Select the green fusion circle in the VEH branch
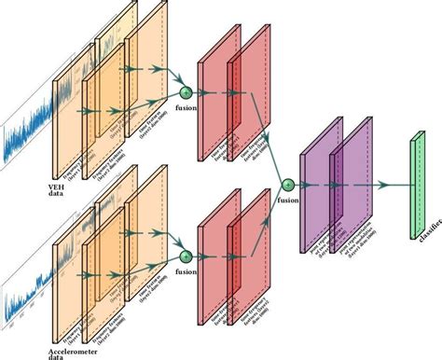(185, 93)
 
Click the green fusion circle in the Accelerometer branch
(186, 255)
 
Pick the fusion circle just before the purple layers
(287, 185)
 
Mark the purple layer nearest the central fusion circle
(316, 196)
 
